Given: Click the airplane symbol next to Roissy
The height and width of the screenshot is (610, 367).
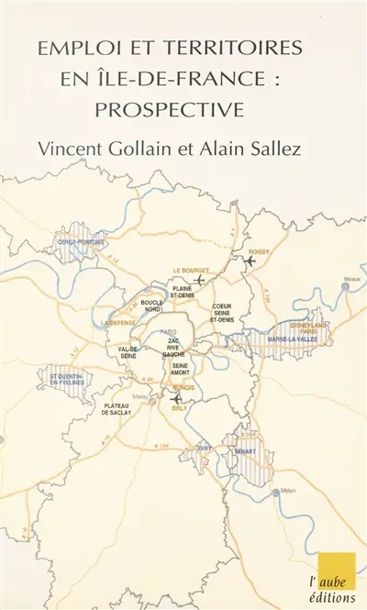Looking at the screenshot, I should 249,261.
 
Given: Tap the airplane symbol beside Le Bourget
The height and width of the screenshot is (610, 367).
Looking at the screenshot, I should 201,280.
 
